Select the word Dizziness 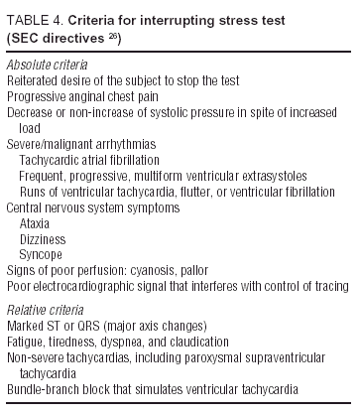[x=43, y=239]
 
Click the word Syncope [x=41, y=255]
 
